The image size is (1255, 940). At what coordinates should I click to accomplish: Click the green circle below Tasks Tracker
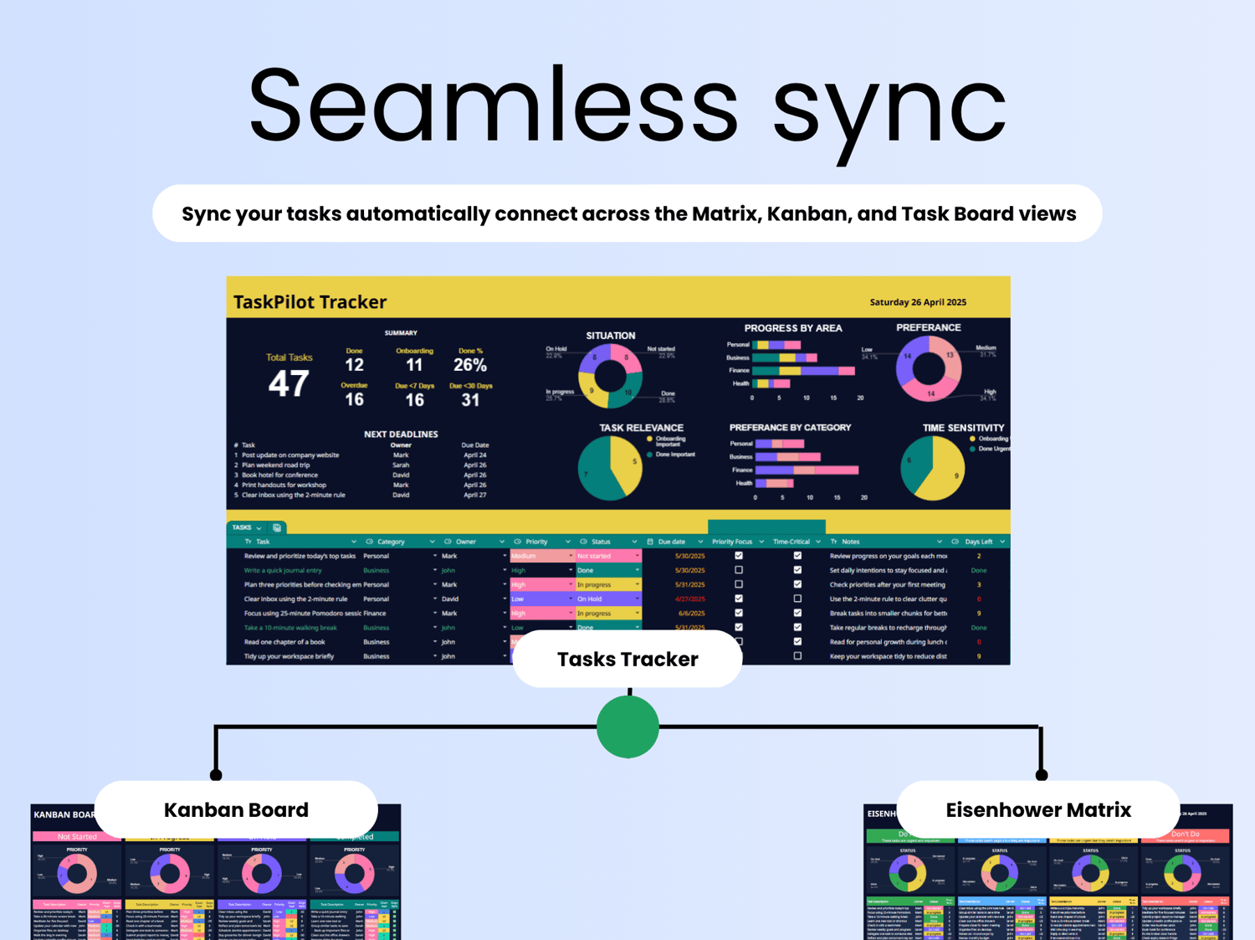click(627, 727)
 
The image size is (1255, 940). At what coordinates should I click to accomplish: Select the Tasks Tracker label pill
click(627, 660)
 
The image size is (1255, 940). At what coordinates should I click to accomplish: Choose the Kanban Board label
click(236, 809)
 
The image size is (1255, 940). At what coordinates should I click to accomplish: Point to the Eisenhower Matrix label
click(1037, 809)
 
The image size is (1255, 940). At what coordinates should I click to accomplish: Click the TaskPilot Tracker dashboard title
click(310, 302)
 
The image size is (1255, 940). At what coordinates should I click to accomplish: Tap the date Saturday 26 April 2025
click(918, 302)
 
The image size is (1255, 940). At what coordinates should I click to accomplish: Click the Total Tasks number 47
click(289, 384)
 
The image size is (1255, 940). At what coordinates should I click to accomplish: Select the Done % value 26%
click(469, 365)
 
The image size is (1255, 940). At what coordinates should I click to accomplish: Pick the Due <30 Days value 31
click(470, 400)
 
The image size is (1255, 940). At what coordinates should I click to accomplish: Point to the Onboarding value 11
click(414, 365)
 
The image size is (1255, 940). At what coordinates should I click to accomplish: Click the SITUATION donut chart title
click(610, 336)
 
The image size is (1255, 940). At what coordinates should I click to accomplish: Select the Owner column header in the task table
click(466, 542)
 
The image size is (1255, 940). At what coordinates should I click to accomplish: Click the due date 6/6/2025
click(690, 614)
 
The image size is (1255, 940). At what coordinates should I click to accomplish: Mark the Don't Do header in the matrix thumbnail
click(1185, 835)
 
